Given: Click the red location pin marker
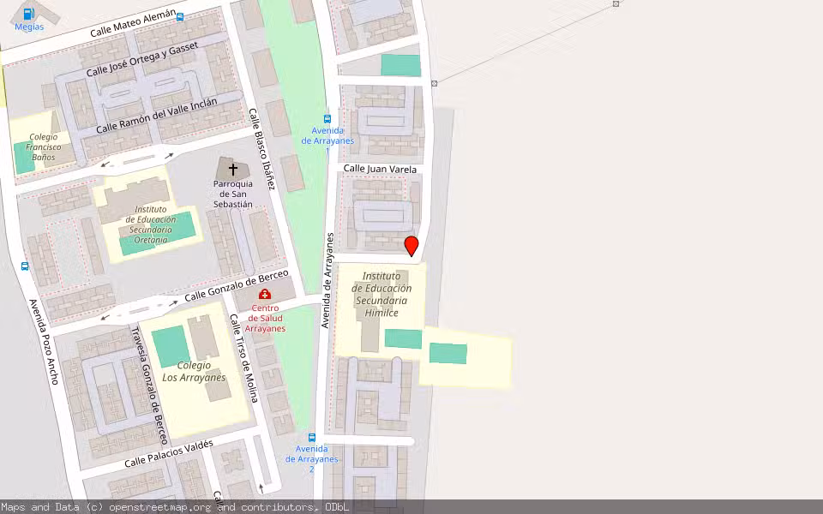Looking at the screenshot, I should [411, 246].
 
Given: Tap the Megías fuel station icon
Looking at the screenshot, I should [29, 14].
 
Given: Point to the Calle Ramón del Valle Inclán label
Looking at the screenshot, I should [156, 115].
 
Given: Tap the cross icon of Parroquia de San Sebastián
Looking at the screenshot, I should [232, 170].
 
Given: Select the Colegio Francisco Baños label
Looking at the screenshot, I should [44, 146].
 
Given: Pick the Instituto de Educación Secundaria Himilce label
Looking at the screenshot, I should [381, 294].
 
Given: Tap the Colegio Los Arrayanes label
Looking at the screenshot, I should [194, 371].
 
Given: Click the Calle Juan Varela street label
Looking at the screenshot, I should [380, 170].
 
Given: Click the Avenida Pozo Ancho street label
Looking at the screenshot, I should [43, 341].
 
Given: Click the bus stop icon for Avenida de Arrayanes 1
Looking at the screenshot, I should [327, 119].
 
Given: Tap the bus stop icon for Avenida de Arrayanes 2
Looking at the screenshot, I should [312, 438].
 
